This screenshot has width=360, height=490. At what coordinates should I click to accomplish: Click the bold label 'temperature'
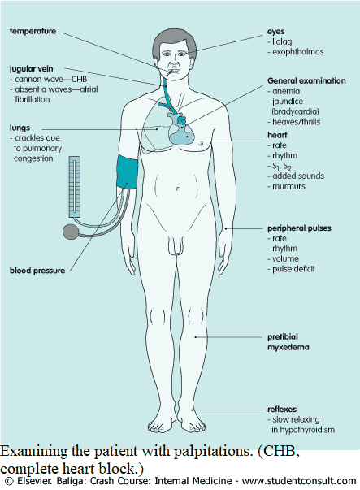click(x=33, y=31)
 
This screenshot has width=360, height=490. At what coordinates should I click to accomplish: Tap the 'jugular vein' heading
click(x=31, y=69)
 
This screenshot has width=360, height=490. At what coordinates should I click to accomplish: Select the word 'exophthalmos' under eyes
click(x=298, y=52)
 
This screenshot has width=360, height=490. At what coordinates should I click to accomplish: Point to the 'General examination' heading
click(x=306, y=81)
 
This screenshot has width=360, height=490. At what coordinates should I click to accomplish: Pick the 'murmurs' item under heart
click(x=288, y=187)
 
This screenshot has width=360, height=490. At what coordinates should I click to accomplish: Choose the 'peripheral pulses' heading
click(x=299, y=228)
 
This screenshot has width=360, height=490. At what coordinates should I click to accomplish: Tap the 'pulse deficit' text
click(x=293, y=269)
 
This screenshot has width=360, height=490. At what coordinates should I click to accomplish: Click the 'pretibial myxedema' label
click(x=288, y=342)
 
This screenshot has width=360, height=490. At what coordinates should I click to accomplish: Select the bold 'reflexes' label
click(x=282, y=410)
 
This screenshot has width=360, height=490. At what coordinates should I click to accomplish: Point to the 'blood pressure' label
click(x=37, y=271)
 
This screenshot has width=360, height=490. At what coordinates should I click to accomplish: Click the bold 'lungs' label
click(x=20, y=128)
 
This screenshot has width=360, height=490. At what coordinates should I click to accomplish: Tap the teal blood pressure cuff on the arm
click(x=128, y=171)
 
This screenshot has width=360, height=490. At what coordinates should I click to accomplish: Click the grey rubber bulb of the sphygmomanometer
click(x=70, y=232)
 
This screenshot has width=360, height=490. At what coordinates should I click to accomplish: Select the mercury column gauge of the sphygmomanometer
click(x=75, y=187)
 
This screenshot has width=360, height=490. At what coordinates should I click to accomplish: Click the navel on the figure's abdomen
click(x=178, y=189)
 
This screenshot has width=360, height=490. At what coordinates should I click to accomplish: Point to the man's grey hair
click(x=175, y=41)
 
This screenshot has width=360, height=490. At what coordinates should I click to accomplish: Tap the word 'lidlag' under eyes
click(x=282, y=42)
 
